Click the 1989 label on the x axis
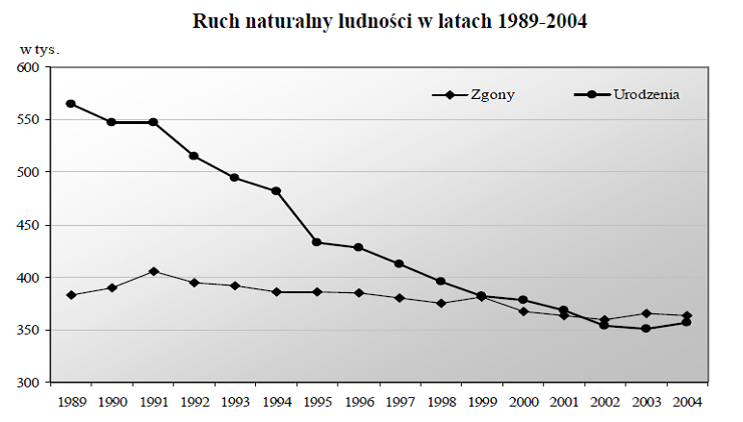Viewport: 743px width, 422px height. [x=71, y=400]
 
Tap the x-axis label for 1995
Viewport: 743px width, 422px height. [x=318, y=400]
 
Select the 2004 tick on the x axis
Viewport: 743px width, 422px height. [x=687, y=400]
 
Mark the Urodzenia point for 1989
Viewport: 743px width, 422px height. [x=71, y=104]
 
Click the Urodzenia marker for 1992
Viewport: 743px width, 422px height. [x=194, y=156]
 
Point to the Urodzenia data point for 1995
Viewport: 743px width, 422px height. [x=318, y=242]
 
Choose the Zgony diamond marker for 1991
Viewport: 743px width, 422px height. [x=153, y=271]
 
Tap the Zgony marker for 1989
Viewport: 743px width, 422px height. [x=71, y=295]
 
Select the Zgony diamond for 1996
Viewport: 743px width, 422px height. [x=358, y=293]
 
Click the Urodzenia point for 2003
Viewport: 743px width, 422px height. [x=646, y=329]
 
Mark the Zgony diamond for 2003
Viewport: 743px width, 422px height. [x=646, y=313]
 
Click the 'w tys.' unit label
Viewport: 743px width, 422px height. [x=39, y=47]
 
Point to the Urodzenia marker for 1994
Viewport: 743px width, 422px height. [x=276, y=191]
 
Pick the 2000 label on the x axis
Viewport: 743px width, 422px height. [x=523, y=400]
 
